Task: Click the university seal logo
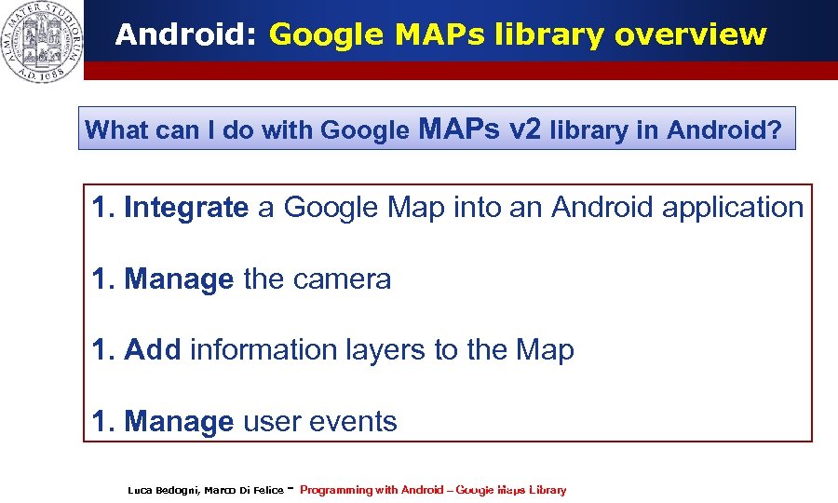point(42,40)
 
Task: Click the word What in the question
point(111,130)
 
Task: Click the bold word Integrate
point(186,208)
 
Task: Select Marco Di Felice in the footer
point(244,490)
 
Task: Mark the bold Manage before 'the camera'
point(179,279)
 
